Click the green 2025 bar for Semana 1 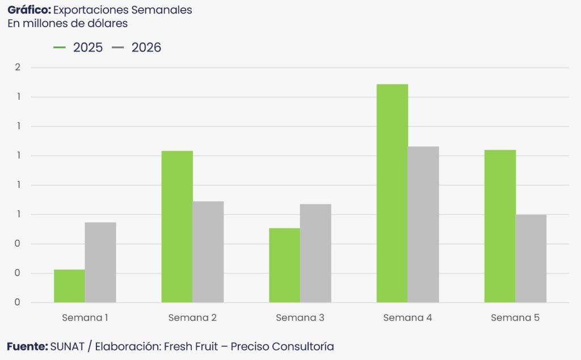click(69, 286)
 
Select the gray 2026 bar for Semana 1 click(100, 262)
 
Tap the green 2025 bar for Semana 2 click(177, 226)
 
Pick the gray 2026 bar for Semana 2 click(208, 252)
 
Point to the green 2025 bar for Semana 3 click(284, 265)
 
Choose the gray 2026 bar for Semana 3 click(315, 253)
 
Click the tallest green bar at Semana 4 click(392, 193)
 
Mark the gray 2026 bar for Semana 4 click(423, 224)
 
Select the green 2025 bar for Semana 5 click(500, 226)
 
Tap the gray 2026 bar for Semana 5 click(531, 258)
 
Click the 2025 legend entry click(79, 48)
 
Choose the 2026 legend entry click(137, 48)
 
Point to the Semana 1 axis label click(85, 318)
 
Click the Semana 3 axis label click(300, 318)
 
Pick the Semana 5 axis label click(515, 318)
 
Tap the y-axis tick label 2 click(18, 67)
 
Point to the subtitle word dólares click(108, 23)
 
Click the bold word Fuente click(27, 346)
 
